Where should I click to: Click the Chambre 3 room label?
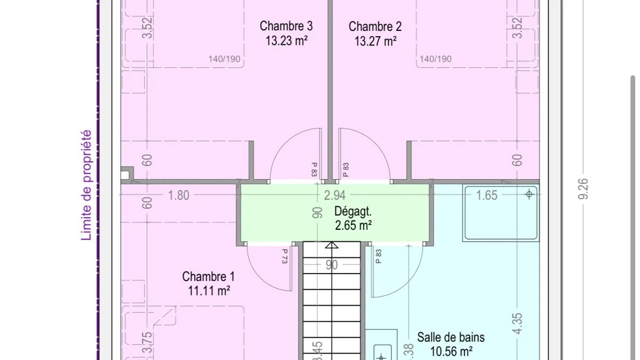286,26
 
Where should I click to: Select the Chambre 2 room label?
375,27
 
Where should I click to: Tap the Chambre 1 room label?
209,277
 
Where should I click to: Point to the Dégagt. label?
353,211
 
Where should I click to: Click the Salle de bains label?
451,338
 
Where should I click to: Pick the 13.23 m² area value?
286,41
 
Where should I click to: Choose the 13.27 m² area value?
375,41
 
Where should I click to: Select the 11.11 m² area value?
209,291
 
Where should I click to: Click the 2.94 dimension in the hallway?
334,195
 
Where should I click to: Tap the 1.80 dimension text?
179,195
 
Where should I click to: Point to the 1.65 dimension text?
487,195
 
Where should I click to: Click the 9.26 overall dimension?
583,189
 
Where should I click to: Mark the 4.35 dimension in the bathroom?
517,323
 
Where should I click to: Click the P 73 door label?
285,256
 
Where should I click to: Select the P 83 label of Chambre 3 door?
314,170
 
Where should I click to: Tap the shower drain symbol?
529,194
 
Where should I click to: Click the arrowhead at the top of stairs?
331,245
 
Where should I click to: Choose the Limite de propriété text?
86,185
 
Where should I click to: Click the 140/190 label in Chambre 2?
435,59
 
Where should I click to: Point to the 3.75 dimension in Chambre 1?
147,342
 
